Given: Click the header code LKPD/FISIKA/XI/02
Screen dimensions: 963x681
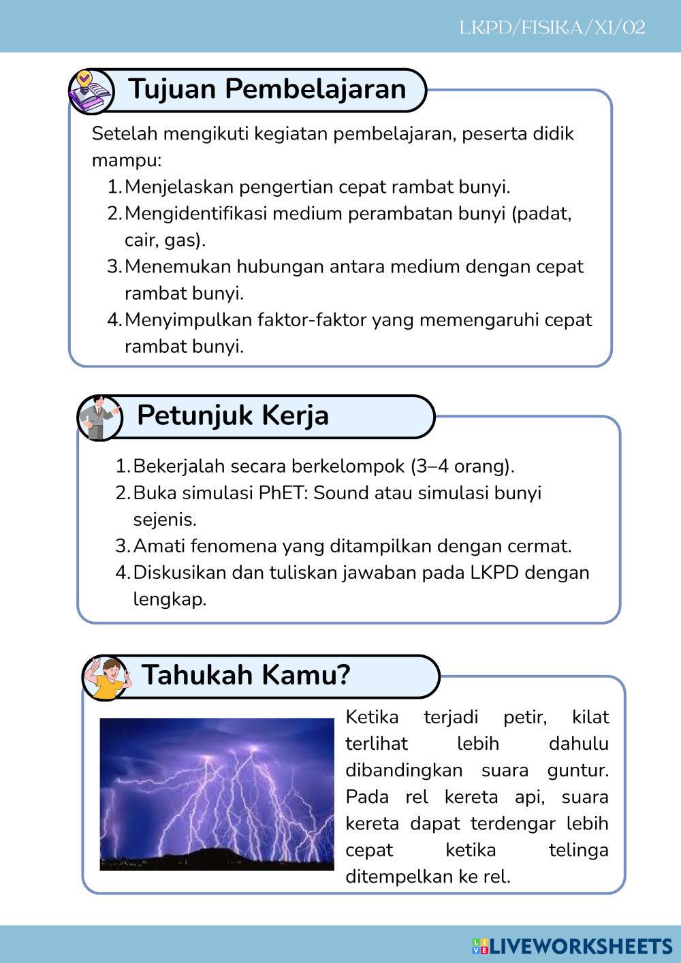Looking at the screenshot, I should (x=552, y=28).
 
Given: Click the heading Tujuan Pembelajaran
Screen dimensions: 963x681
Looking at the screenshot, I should (x=267, y=89).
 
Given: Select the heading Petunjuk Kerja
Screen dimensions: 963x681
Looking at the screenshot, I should (x=233, y=415).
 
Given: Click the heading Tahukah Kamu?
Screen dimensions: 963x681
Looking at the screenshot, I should (x=246, y=675).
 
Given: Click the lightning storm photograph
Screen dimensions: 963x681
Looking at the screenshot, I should (x=217, y=794).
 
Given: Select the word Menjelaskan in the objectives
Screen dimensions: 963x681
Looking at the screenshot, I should (x=179, y=187).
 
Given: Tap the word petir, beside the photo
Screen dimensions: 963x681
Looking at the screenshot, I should (x=523, y=717).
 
